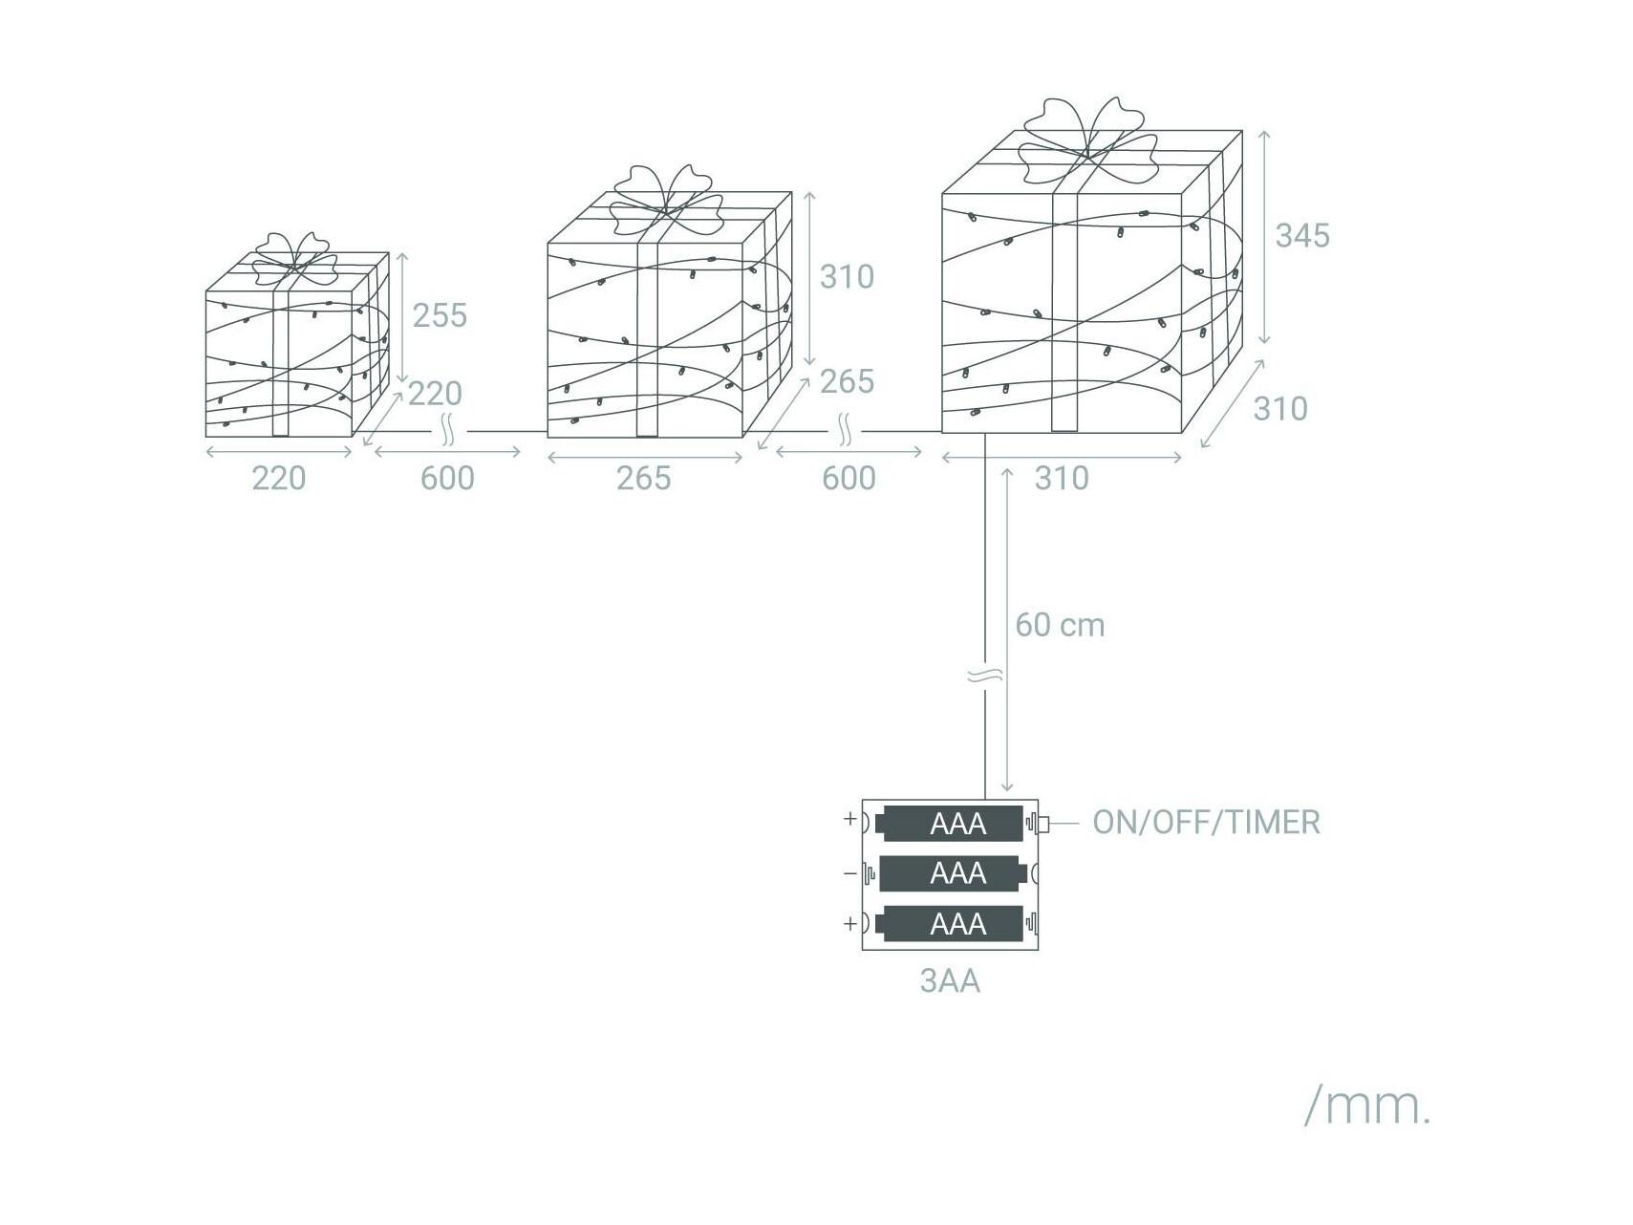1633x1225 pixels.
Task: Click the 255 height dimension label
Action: click(x=440, y=315)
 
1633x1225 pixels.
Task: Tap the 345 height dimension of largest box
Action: click(x=1302, y=236)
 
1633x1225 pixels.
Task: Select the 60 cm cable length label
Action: click(x=1060, y=625)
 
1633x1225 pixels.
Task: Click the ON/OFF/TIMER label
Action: click(x=1206, y=822)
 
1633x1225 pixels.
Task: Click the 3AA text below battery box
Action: click(x=950, y=981)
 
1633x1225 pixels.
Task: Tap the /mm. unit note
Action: click(x=1367, y=1106)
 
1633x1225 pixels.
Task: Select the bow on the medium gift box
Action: click(x=667, y=202)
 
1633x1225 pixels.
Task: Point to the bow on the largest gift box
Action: click(x=1086, y=141)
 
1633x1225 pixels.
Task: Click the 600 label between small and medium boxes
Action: click(x=447, y=478)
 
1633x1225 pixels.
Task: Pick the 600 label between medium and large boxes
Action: click(x=849, y=478)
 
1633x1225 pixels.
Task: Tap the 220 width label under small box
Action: click(x=279, y=478)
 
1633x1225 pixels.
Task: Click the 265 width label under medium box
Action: click(x=643, y=478)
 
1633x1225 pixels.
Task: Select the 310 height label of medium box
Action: click(x=847, y=277)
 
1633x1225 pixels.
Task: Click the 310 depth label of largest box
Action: click(x=1280, y=409)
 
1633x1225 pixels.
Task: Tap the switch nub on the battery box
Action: click(x=1043, y=824)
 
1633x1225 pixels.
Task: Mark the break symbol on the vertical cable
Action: click(x=985, y=677)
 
